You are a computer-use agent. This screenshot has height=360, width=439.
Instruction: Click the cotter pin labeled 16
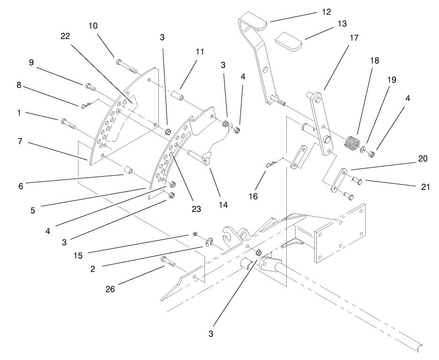pos(269,164)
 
